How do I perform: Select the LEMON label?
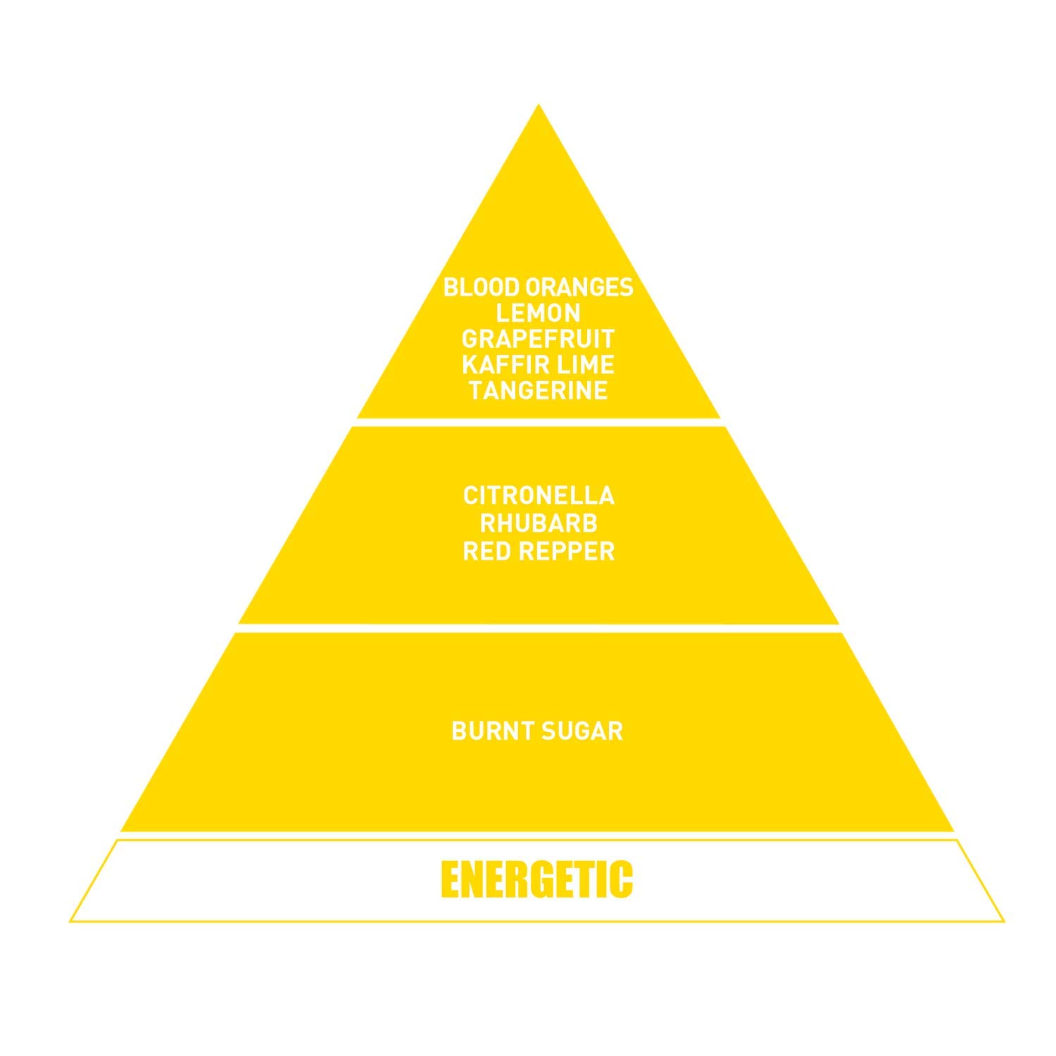tap(538, 313)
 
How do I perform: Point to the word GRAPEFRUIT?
tap(538, 339)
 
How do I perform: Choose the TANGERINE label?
tap(538, 391)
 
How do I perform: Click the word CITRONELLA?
tap(539, 496)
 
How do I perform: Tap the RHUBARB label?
tap(539, 524)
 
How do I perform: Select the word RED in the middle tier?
tap(486, 551)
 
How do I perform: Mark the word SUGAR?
tap(582, 731)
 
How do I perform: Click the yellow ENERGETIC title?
tap(537, 879)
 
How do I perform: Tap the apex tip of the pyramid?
tap(539, 106)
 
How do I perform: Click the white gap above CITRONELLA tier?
tap(539, 422)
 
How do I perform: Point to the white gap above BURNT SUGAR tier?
tap(539, 628)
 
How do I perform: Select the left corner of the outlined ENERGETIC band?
tap(72, 920)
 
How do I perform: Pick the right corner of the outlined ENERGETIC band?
tap(1002, 920)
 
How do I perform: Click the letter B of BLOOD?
tap(450, 287)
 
